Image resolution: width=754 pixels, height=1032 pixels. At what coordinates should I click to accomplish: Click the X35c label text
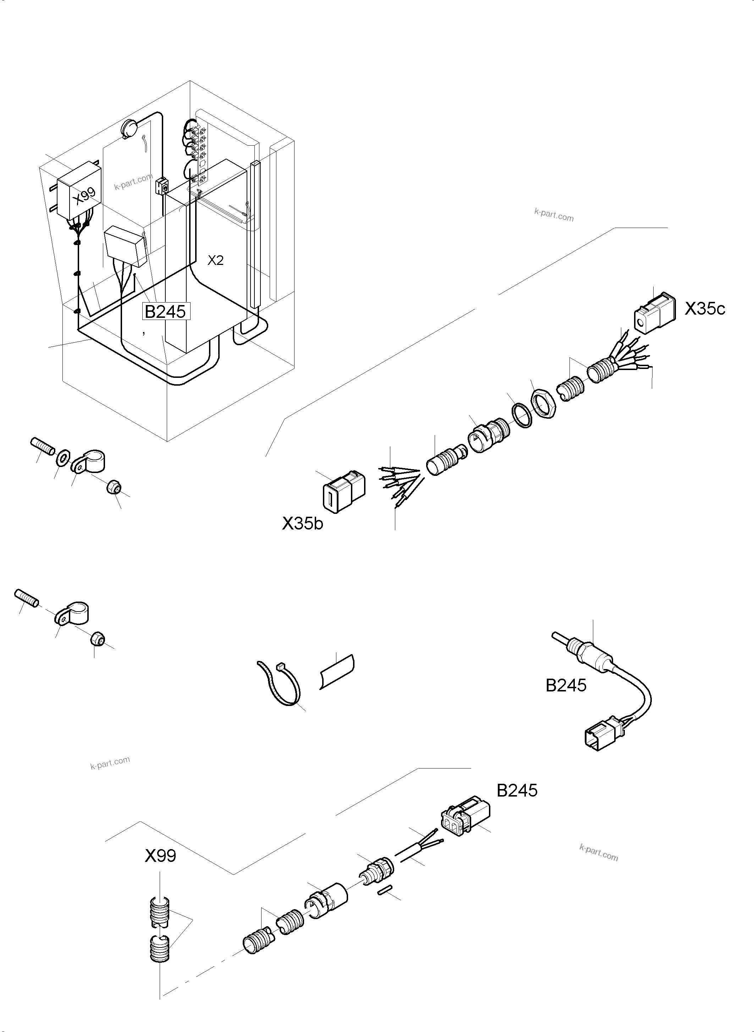pos(704,309)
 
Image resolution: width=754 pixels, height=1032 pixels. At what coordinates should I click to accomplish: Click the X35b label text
pos(302,523)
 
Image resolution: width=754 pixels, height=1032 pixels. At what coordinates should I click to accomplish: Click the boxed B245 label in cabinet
pos(165,311)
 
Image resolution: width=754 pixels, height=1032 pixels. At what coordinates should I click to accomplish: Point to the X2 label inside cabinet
pos(215,260)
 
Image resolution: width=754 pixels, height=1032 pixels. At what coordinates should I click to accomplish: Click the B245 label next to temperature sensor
pos(566,686)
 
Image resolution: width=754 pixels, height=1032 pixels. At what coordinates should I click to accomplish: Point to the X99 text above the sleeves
pos(160,856)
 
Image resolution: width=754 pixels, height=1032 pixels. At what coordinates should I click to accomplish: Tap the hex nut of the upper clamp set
pos(113,488)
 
